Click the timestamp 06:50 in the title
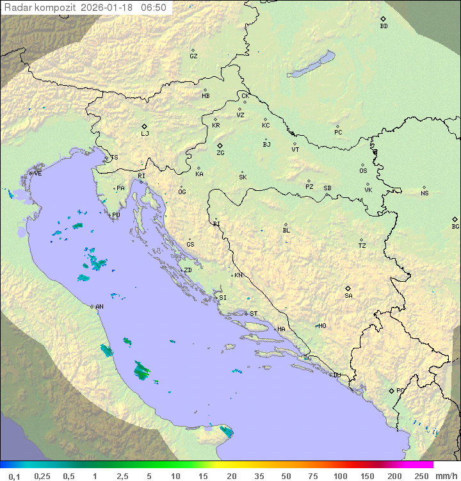pyautogui.click(x=154, y=8)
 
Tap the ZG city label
pyautogui.click(x=220, y=153)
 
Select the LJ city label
pyautogui.click(x=145, y=134)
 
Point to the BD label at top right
pyautogui.click(x=384, y=26)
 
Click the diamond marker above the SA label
pyautogui.click(x=348, y=288)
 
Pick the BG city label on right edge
pyautogui.click(x=455, y=226)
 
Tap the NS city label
pyautogui.click(x=425, y=193)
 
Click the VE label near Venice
pyautogui.click(x=38, y=174)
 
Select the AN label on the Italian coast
pyautogui.click(x=99, y=307)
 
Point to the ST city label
pyautogui.click(x=254, y=314)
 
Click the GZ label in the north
pyautogui.click(x=193, y=56)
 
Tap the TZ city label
pyautogui.click(x=362, y=246)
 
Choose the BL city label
pyautogui.click(x=286, y=231)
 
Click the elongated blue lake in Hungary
pyautogui.click(x=312, y=65)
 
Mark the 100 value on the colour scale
pyautogui.click(x=339, y=476)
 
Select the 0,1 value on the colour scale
pyautogui.click(x=13, y=476)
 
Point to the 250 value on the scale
pyautogui.click(x=421, y=476)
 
